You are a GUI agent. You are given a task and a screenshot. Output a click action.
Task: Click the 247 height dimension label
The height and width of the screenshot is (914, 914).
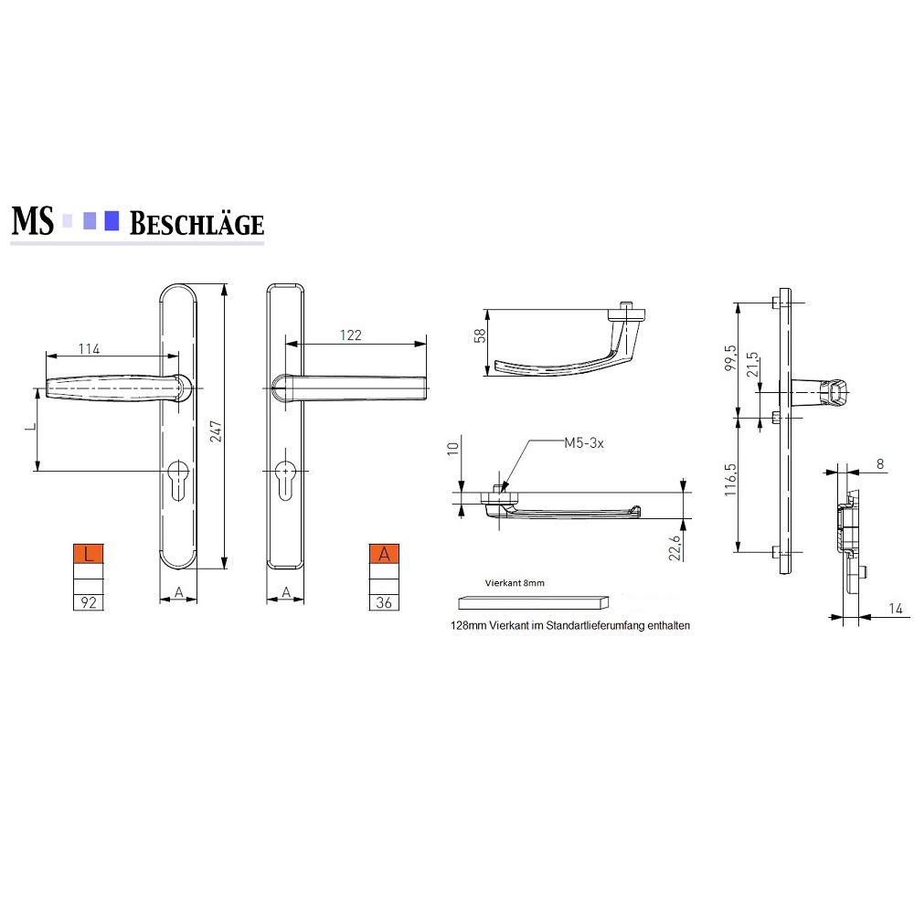[216, 430]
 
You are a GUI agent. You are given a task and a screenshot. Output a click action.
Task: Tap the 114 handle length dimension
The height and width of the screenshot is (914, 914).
[90, 348]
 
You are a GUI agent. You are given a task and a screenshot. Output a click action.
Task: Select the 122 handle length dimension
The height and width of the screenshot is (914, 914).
[350, 335]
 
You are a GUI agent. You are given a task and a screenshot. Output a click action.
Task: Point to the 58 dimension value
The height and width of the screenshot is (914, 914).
[479, 335]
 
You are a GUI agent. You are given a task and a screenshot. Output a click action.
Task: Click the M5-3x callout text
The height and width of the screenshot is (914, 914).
[583, 443]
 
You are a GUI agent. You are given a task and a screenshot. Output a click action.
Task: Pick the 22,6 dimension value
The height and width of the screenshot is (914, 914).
[675, 547]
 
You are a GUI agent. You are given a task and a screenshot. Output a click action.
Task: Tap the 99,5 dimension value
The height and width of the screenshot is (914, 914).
[730, 357]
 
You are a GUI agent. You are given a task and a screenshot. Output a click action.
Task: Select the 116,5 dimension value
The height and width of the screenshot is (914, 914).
[730, 480]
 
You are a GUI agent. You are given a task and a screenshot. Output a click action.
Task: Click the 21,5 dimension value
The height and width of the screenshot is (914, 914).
[752, 365]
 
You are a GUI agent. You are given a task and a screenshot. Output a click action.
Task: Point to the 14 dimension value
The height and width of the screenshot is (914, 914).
[896, 609]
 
